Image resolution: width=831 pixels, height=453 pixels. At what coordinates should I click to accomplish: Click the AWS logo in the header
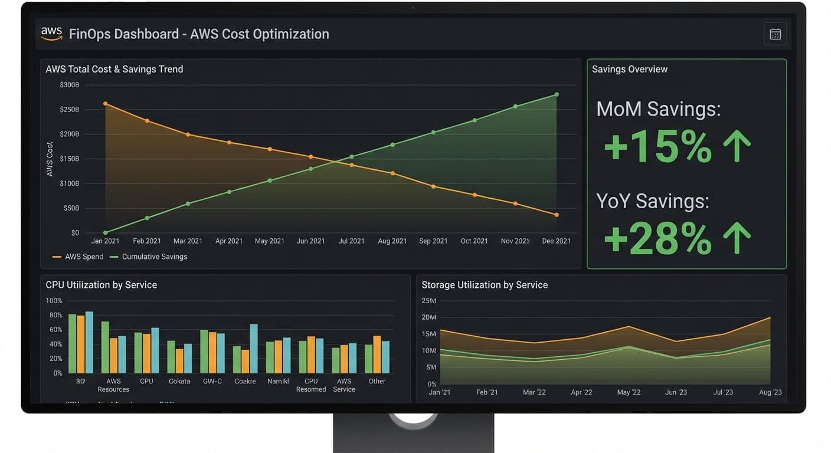(x=51, y=34)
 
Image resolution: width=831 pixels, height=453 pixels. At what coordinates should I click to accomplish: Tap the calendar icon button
(x=775, y=34)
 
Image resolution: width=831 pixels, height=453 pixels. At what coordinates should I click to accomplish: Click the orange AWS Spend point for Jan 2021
(x=106, y=104)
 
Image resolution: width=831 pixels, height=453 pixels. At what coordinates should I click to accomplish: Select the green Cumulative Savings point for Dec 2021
(x=557, y=94)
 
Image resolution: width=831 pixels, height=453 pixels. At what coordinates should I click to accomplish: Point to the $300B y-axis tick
(x=69, y=85)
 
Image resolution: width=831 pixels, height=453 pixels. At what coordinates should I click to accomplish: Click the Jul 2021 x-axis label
(x=351, y=241)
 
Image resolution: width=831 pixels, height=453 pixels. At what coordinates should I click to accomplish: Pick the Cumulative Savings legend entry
(x=148, y=257)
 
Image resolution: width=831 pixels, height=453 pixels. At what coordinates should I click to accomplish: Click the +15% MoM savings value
(x=657, y=147)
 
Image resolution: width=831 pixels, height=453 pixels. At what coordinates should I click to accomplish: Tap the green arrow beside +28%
(x=737, y=238)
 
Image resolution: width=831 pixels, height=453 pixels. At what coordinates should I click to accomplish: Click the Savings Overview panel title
(x=629, y=69)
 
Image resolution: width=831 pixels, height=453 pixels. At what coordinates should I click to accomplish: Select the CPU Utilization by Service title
(x=101, y=285)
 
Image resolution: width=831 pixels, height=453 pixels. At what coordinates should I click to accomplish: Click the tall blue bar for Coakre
(x=254, y=348)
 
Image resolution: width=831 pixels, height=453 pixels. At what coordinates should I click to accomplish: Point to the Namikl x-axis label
(x=278, y=382)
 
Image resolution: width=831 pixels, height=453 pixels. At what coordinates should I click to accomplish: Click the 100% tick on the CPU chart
(x=54, y=301)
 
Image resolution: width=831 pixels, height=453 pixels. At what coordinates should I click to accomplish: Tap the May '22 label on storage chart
(x=628, y=393)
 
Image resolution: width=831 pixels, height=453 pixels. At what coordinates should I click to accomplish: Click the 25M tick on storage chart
(x=428, y=301)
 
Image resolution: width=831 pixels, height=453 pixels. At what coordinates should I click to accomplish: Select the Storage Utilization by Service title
(x=484, y=285)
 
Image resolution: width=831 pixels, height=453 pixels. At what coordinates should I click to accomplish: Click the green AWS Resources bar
(x=105, y=347)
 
